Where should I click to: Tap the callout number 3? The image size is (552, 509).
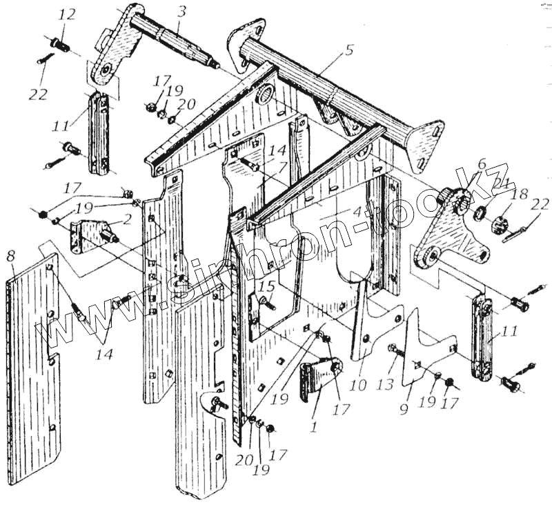point(181,12)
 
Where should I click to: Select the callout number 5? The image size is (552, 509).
point(349,50)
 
